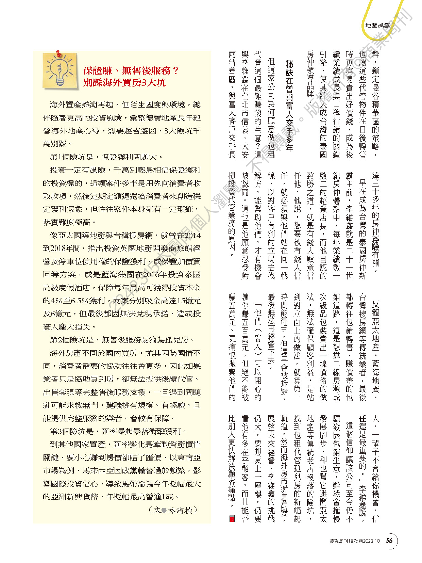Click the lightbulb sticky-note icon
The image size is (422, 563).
click(x=60, y=70)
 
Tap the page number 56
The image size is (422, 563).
click(x=389, y=541)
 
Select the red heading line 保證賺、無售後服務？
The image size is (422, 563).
click(x=131, y=70)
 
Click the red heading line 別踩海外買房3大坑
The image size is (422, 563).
click(x=124, y=83)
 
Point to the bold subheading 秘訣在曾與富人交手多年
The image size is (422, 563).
click(x=289, y=106)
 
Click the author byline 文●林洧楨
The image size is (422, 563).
click(x=173, y=510)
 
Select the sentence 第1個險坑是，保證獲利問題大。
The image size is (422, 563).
click(x=106, y=157)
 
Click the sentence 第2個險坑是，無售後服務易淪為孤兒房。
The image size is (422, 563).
click(x=122, y=340)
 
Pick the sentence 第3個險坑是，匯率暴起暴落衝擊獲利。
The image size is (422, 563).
click(x=118, y=431)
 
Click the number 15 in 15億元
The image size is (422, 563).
click(x=182, y=301)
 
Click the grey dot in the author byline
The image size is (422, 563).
click(x=164, y=510)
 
